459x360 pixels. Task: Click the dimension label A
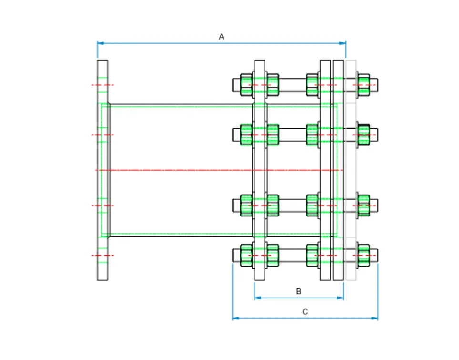click(221, 37)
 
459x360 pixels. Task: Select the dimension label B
click(299, 291)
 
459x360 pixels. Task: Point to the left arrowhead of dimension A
click(100, 43)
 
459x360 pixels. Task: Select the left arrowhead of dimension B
click(257, 298)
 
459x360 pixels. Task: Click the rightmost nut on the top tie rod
click(364, 84)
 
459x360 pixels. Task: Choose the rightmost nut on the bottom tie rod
click(364, 255)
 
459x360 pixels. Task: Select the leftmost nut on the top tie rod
click(246, 84)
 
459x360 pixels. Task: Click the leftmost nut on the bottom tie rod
click(246, 255)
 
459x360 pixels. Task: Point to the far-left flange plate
click(102, 170)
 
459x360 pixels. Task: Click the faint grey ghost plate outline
click(351, 170)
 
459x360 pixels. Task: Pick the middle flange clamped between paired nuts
click(260, 170)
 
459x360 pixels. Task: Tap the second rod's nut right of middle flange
click(273, 134)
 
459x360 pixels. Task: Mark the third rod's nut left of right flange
click(313, 205)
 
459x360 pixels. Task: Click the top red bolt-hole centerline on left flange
click(102, 85)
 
